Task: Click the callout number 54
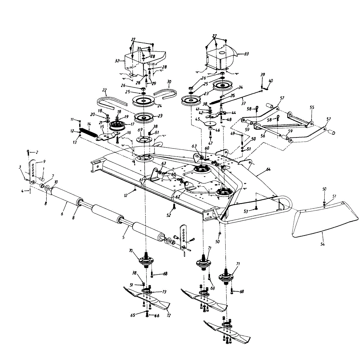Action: tap(322, 244)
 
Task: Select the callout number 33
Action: tap(247, 54)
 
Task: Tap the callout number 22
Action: tap(104, 90)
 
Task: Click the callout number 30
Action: tap(169, 82)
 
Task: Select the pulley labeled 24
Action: tap(143, 100)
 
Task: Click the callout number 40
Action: tap(271, 81)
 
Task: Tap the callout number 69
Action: tap(140, 130)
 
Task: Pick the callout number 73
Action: tap(164, 292)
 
